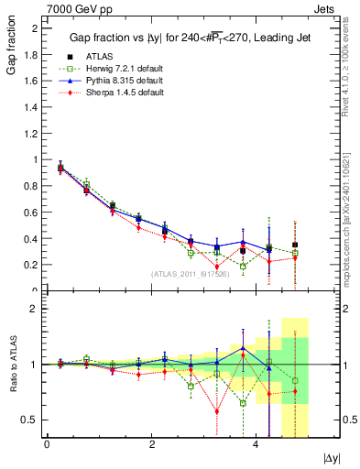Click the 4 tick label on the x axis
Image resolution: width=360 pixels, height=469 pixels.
coord(255,443)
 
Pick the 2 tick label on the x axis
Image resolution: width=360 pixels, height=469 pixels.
coord(150,443)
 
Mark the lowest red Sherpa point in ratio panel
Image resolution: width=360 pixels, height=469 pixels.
coord(217,410)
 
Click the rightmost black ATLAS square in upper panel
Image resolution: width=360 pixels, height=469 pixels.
coord(295,245)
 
